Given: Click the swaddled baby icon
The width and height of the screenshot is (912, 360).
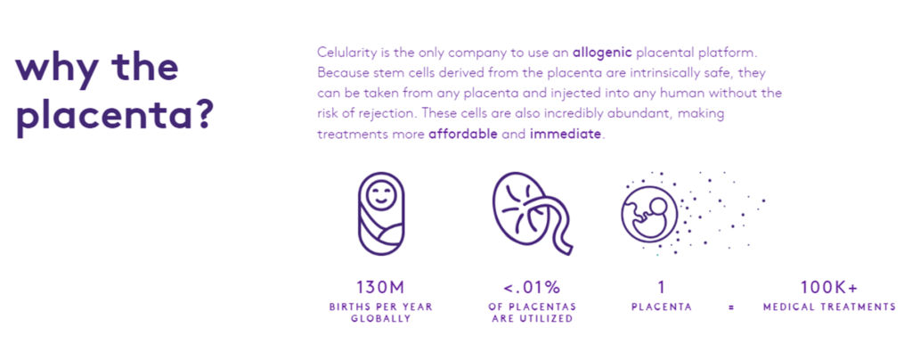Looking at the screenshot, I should [x=380, y=215].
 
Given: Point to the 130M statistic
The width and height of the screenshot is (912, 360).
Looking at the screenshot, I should [x=380, y=287].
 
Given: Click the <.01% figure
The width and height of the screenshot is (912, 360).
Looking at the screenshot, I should [x=532, y=287].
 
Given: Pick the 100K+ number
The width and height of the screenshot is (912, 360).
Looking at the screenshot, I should [x=828, y=287].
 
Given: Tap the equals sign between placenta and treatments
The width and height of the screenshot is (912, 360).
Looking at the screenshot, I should [x=730, y=307].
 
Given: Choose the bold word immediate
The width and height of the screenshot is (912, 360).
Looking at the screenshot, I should [x=566, y=134].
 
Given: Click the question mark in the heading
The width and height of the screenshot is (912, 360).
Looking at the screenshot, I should [x=202, y=119].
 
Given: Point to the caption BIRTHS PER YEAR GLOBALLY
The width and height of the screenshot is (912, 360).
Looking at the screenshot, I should [x=380, y=313].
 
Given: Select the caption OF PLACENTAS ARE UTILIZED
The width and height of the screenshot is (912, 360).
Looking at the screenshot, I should [x=532, y=313].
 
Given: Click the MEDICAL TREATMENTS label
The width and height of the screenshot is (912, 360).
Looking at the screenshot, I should [x=828, y=307].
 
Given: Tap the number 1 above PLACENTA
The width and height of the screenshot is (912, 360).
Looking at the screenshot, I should [x=661, y=287].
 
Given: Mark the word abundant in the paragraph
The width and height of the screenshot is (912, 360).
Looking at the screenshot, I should [x=664, y=113].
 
